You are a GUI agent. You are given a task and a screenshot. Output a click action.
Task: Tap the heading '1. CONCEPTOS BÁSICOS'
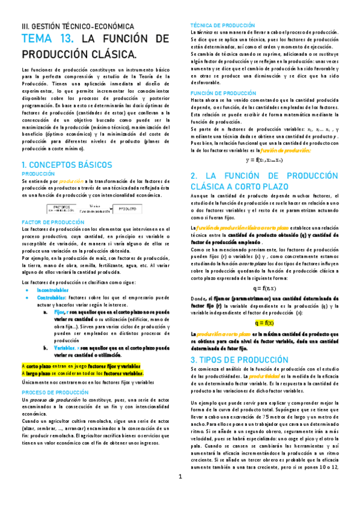coord(67,164)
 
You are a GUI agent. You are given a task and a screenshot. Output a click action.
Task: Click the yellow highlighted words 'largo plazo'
coord(38,373)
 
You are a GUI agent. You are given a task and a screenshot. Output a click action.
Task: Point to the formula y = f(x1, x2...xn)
coord(264,160)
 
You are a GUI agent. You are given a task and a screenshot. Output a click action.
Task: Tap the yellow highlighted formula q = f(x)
coord(264,322)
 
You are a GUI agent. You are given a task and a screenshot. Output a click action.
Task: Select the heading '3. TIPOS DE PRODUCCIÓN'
coord(239,359)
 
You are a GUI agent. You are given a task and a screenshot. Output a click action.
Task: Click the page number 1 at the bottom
coord(180,494)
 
